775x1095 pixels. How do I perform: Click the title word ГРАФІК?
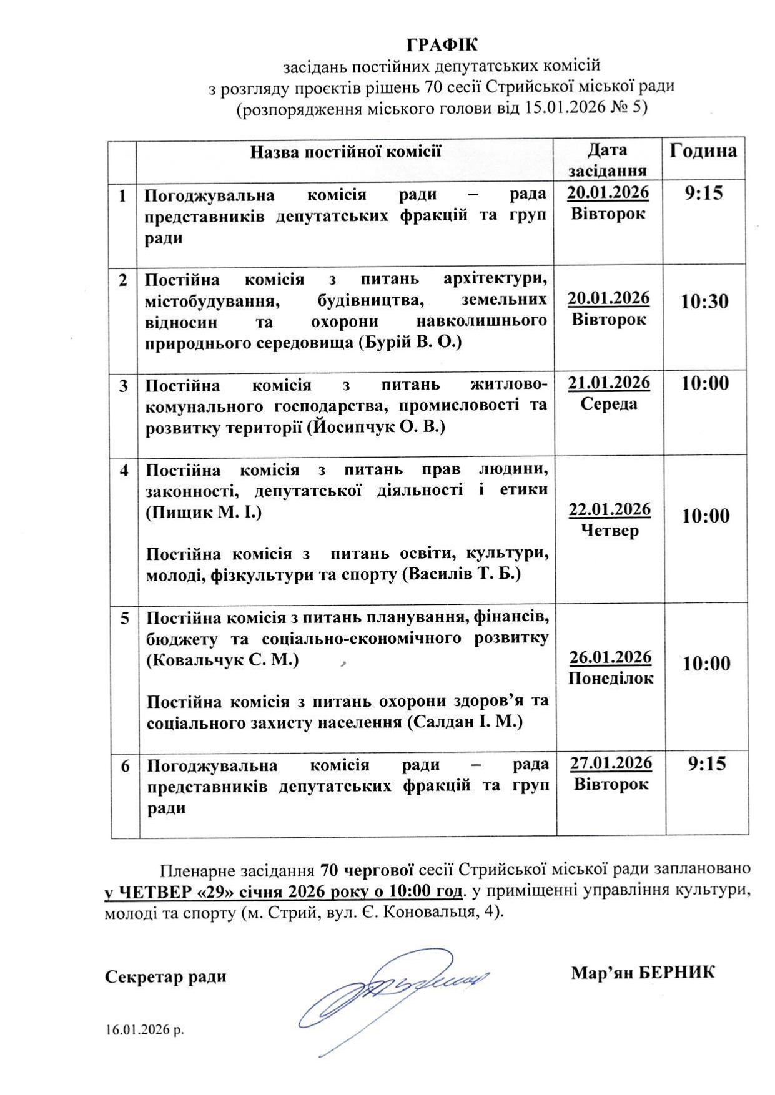442,45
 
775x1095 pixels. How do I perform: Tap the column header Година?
703,150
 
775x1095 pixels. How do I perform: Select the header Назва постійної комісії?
345,152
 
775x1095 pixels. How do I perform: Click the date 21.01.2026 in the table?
609,382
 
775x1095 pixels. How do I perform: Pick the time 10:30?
704,302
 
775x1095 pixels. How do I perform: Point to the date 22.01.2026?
610,509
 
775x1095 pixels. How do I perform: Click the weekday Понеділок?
611,679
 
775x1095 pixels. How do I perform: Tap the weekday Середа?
609,403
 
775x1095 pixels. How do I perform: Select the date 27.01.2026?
611,763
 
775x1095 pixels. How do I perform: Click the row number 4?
124,470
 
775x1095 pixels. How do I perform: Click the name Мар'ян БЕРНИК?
643,972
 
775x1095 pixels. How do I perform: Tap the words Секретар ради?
165,976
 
